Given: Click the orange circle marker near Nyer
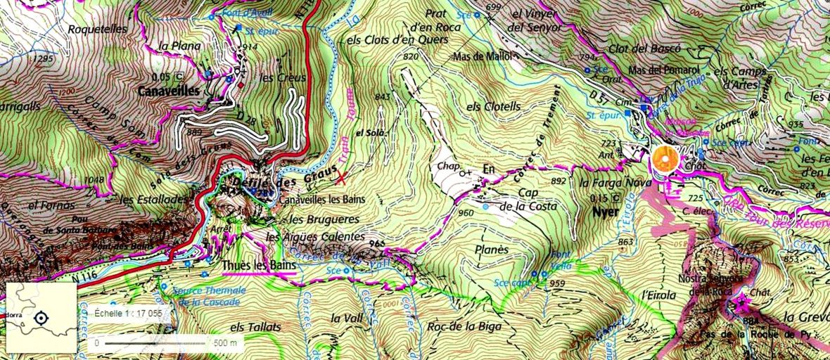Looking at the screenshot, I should pos(665,159).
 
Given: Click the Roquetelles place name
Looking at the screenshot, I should pos(97,30).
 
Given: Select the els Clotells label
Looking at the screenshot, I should pos(493,106).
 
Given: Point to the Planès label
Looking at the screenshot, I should pos(492,250).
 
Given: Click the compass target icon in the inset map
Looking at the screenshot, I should pos(41,319).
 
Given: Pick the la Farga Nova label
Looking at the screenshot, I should pos(606,183).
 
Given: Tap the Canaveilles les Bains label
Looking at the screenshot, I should pos(322,199).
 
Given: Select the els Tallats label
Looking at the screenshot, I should pos(255,327).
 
